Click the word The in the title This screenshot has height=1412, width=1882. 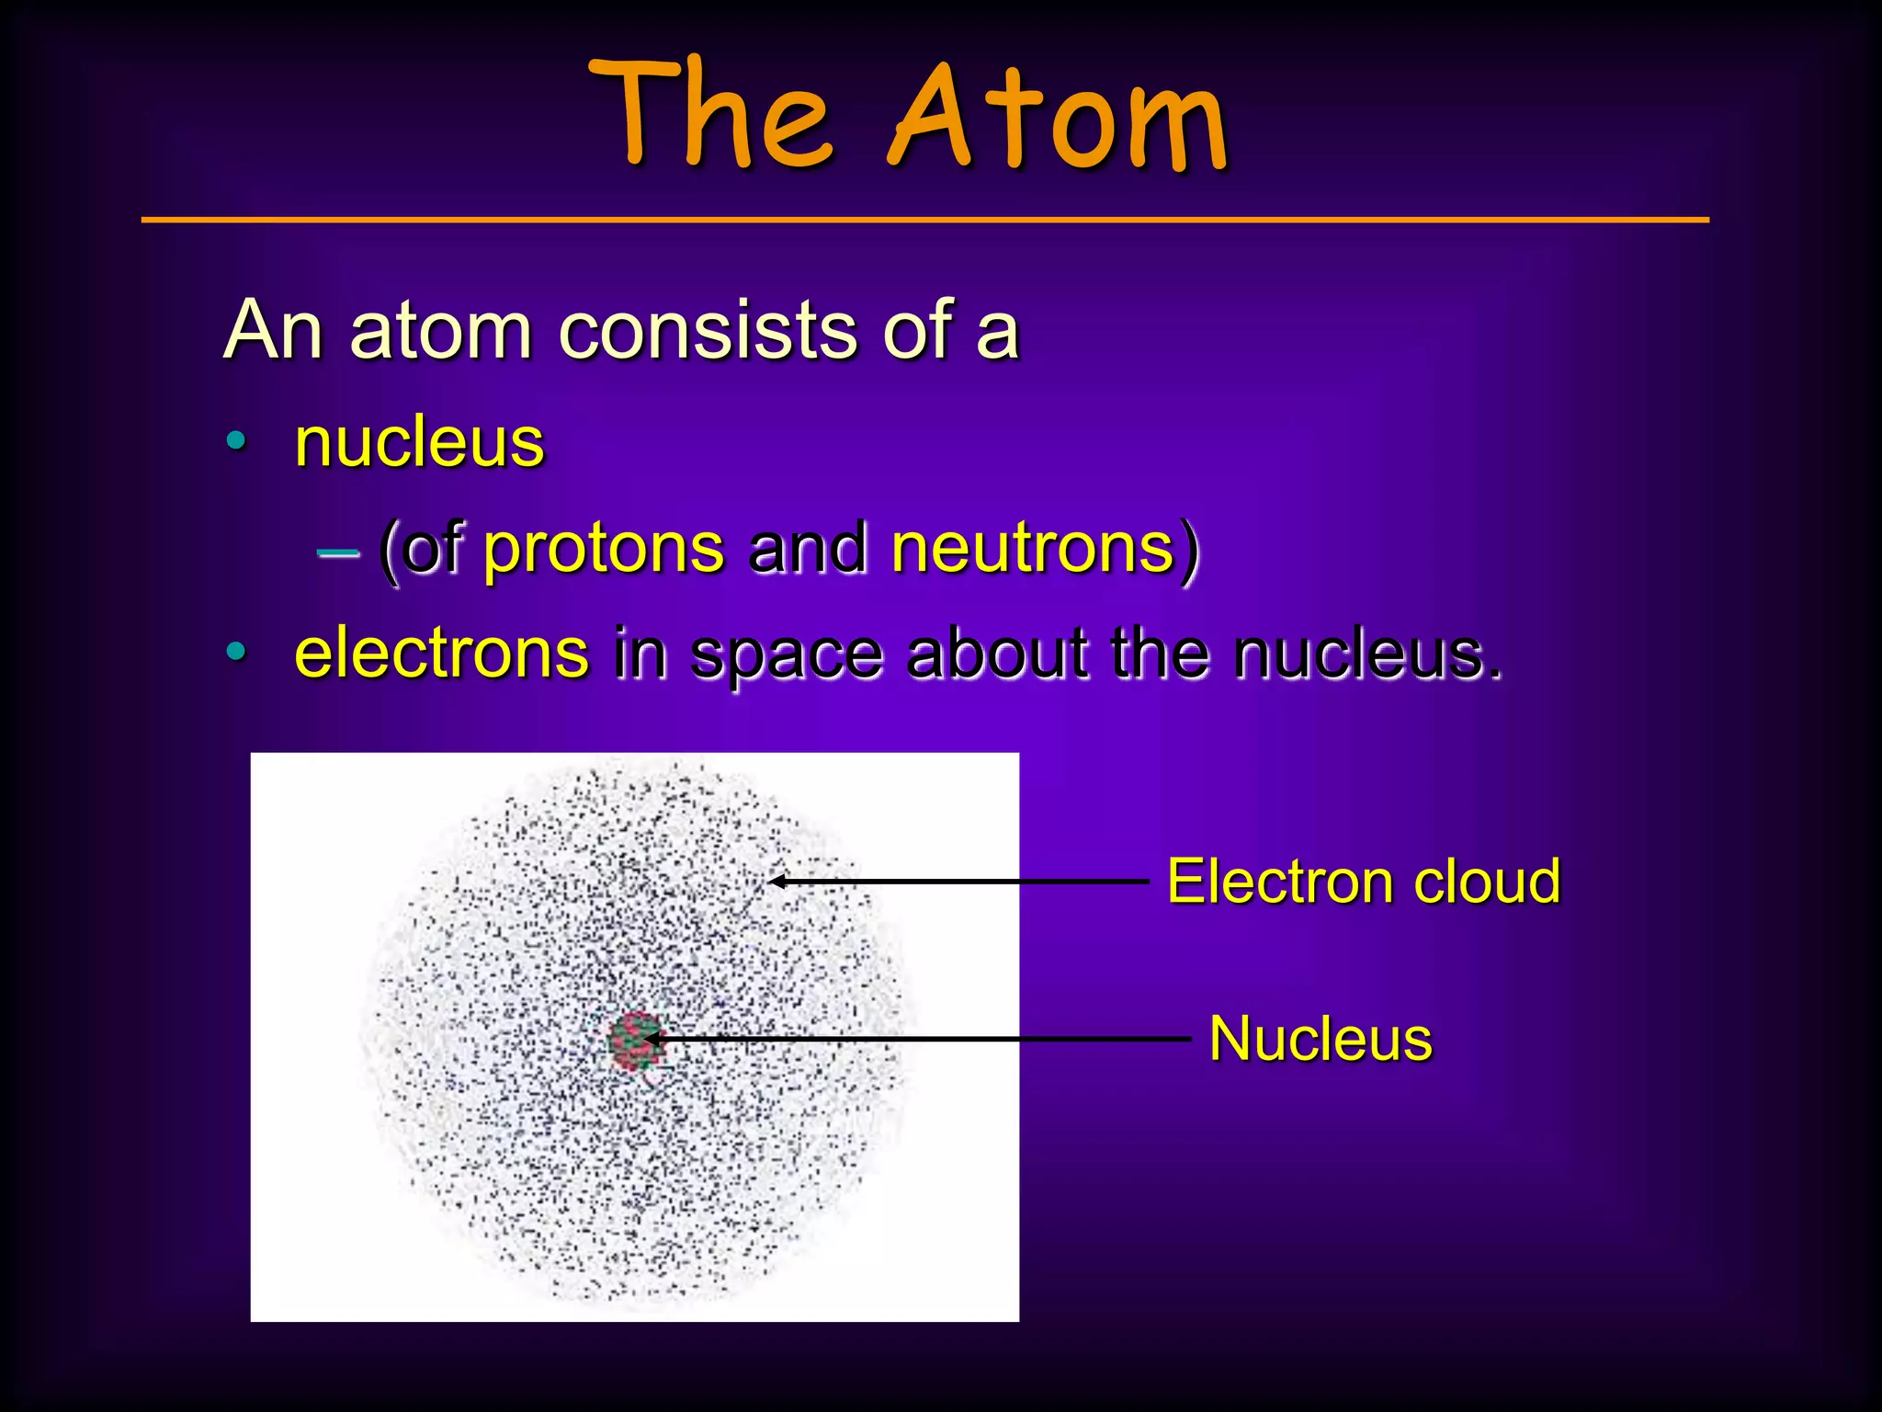coord(712,115)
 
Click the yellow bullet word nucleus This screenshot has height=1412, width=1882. coord(419,443)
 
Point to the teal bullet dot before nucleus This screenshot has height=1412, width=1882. coord(236,442)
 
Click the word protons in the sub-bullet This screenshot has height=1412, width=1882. coord(603,549)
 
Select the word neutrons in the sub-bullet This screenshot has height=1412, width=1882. coord(1033,549)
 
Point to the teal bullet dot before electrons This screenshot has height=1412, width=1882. coord(236,653)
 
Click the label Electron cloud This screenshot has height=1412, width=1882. coord(1363,882)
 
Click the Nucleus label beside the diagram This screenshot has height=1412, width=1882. coord(1320,1040)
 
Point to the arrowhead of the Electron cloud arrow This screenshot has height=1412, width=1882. coord(777,882)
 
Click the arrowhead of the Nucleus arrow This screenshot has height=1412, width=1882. coord(651,1040)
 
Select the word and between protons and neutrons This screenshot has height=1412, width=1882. coord(808,549)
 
